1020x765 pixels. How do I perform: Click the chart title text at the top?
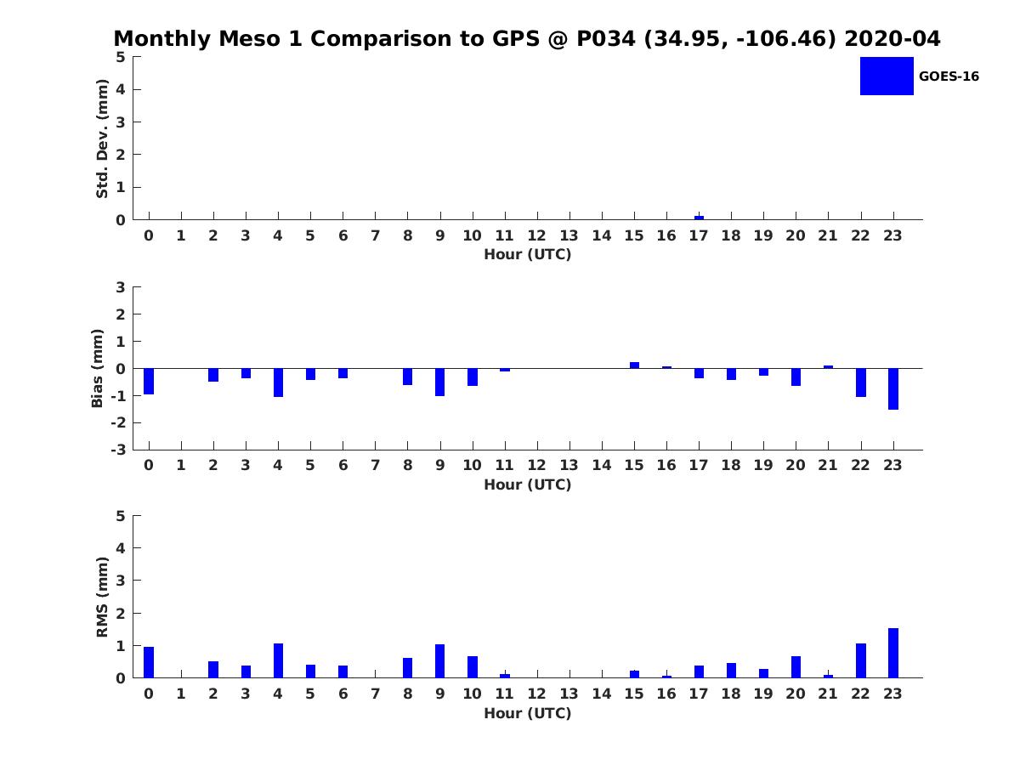coord(527,39)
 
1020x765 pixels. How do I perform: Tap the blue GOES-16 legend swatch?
coord(886,76)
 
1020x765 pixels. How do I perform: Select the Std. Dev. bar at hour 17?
coord(699,218)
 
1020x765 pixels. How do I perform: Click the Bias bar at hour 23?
coord(893,388)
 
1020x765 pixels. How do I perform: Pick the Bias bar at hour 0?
coord(149,381)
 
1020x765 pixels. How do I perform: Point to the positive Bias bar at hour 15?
coord(634,365)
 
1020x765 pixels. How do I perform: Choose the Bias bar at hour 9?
coord(440,382)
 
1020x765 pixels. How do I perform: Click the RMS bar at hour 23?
coord(893,653)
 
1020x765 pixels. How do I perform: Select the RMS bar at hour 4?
coord(278,660)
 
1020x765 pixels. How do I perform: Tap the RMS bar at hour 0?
coord(149,662)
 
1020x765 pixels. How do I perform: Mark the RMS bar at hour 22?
coord(861,660)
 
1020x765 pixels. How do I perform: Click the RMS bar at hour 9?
coord(440,661)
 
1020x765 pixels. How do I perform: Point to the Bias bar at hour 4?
coord(278,382)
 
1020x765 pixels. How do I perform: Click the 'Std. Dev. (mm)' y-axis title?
coord(103,139)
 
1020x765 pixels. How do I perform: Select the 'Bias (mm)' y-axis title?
coord(98,368)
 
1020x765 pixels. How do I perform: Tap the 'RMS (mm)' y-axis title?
coord(103,597)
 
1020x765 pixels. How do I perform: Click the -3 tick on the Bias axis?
coord(120,450)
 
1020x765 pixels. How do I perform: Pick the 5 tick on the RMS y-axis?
coord(121,516)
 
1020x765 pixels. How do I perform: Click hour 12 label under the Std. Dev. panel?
coord(537,236)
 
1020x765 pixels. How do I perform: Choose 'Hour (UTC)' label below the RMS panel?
coord(527,713)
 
